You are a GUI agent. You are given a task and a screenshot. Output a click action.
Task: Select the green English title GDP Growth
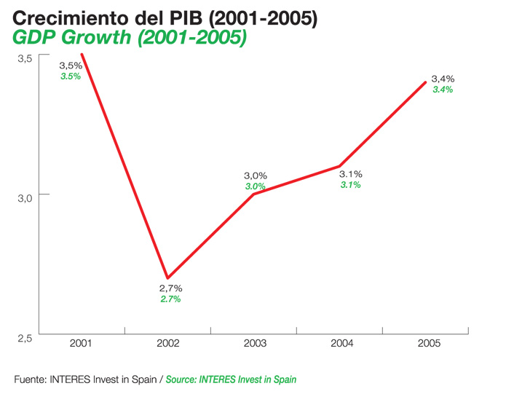(x=130, y=39)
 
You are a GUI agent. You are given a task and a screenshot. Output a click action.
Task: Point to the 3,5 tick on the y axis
(x=26, y=58)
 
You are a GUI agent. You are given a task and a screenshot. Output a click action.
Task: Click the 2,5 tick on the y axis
(x=26, y=338)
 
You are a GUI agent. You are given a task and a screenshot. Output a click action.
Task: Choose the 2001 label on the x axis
(x=81, y=343)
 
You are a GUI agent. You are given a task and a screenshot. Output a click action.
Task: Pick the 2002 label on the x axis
(x=168, y=343)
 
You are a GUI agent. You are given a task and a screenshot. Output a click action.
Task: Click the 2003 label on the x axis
(x=256, y=343)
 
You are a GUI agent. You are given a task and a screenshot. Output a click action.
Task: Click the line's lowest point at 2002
(x=168, y=277)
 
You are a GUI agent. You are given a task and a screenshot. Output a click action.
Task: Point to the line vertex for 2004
(x=339, y=166)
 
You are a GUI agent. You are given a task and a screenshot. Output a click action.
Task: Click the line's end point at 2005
(x=426, y=82)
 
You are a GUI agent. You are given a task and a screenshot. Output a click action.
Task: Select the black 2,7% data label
(x=170, y=288)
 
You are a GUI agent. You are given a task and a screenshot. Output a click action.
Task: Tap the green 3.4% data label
(x=443, y=90)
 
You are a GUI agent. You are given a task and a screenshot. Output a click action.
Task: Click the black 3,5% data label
(x=71, y=66)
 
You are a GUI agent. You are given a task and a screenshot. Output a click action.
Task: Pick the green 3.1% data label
(x=350, y=185)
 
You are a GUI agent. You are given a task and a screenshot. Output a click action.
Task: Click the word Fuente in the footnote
(x=30, y=379)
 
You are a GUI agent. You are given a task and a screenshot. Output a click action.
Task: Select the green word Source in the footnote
(x=183, y=379)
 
